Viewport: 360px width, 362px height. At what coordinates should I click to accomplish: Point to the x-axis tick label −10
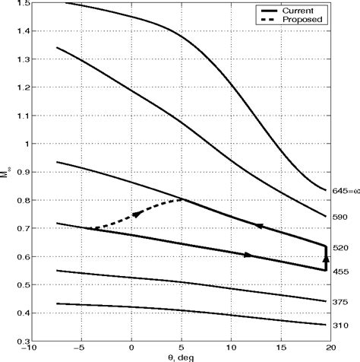pyautogui.click(x=29, y=349)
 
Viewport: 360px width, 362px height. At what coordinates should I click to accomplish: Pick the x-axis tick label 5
pyautogui.click(x=180, y=349)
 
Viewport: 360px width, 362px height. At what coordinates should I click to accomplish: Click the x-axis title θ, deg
pyautogui.click(x=179, y=357)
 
